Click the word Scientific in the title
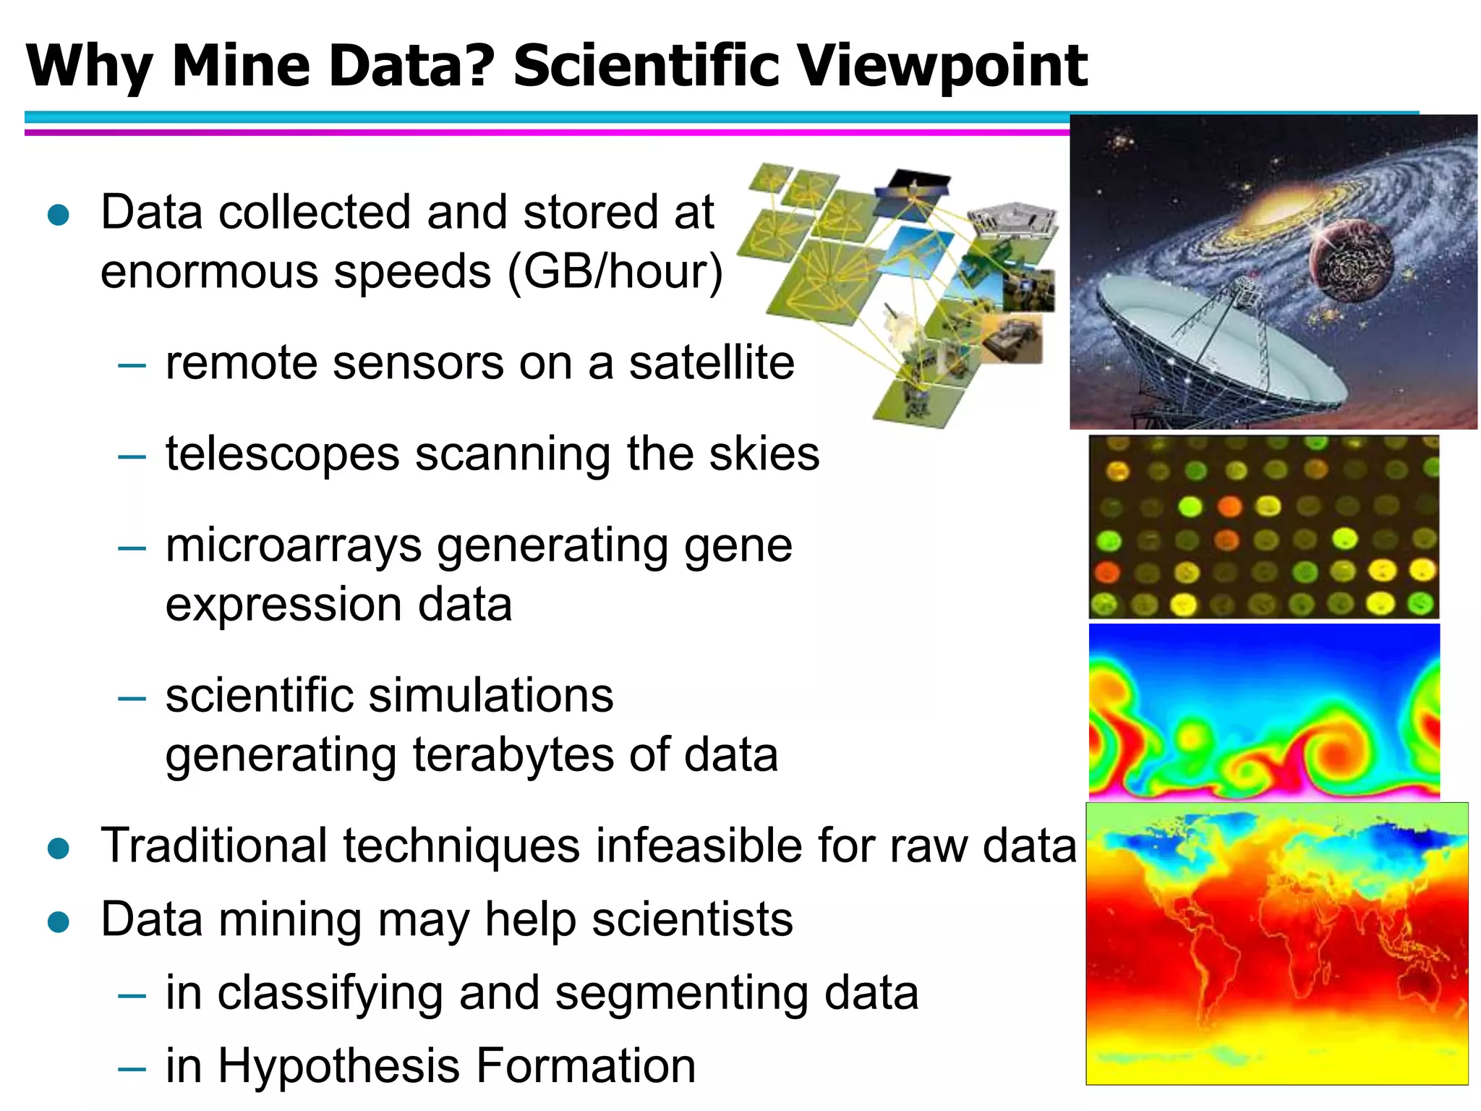point(647,67)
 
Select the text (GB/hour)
point(615,272)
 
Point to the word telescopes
point(282,454)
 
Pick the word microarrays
point(293,545)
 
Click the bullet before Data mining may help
point(58,921)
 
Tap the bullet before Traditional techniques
point(58,848)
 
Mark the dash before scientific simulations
point(132,698)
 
